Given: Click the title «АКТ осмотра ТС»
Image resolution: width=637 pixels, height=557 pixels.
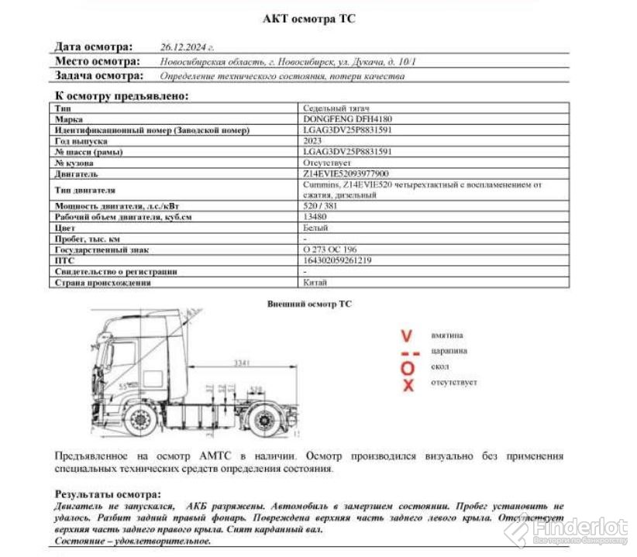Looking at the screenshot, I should [x=309, y=19].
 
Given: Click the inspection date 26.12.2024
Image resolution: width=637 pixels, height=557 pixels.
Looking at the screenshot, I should [x=187, y=46].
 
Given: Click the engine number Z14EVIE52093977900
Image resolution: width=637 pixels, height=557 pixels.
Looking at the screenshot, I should [x=346, y=174].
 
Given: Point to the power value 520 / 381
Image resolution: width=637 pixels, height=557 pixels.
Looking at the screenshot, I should [x=320, y=206].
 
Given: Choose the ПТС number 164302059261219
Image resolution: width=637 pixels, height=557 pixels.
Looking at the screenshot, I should [x=337, y=261].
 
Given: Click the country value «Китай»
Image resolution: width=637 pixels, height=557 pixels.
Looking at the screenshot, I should [x=311, y=283].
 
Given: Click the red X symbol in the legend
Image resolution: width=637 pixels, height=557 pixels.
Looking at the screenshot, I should [x=408, y=385].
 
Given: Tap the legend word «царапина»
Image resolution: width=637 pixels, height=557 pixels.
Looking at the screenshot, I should [x=449, y=351].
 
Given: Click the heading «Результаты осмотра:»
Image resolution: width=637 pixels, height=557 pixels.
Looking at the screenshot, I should [x=108, y=493].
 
